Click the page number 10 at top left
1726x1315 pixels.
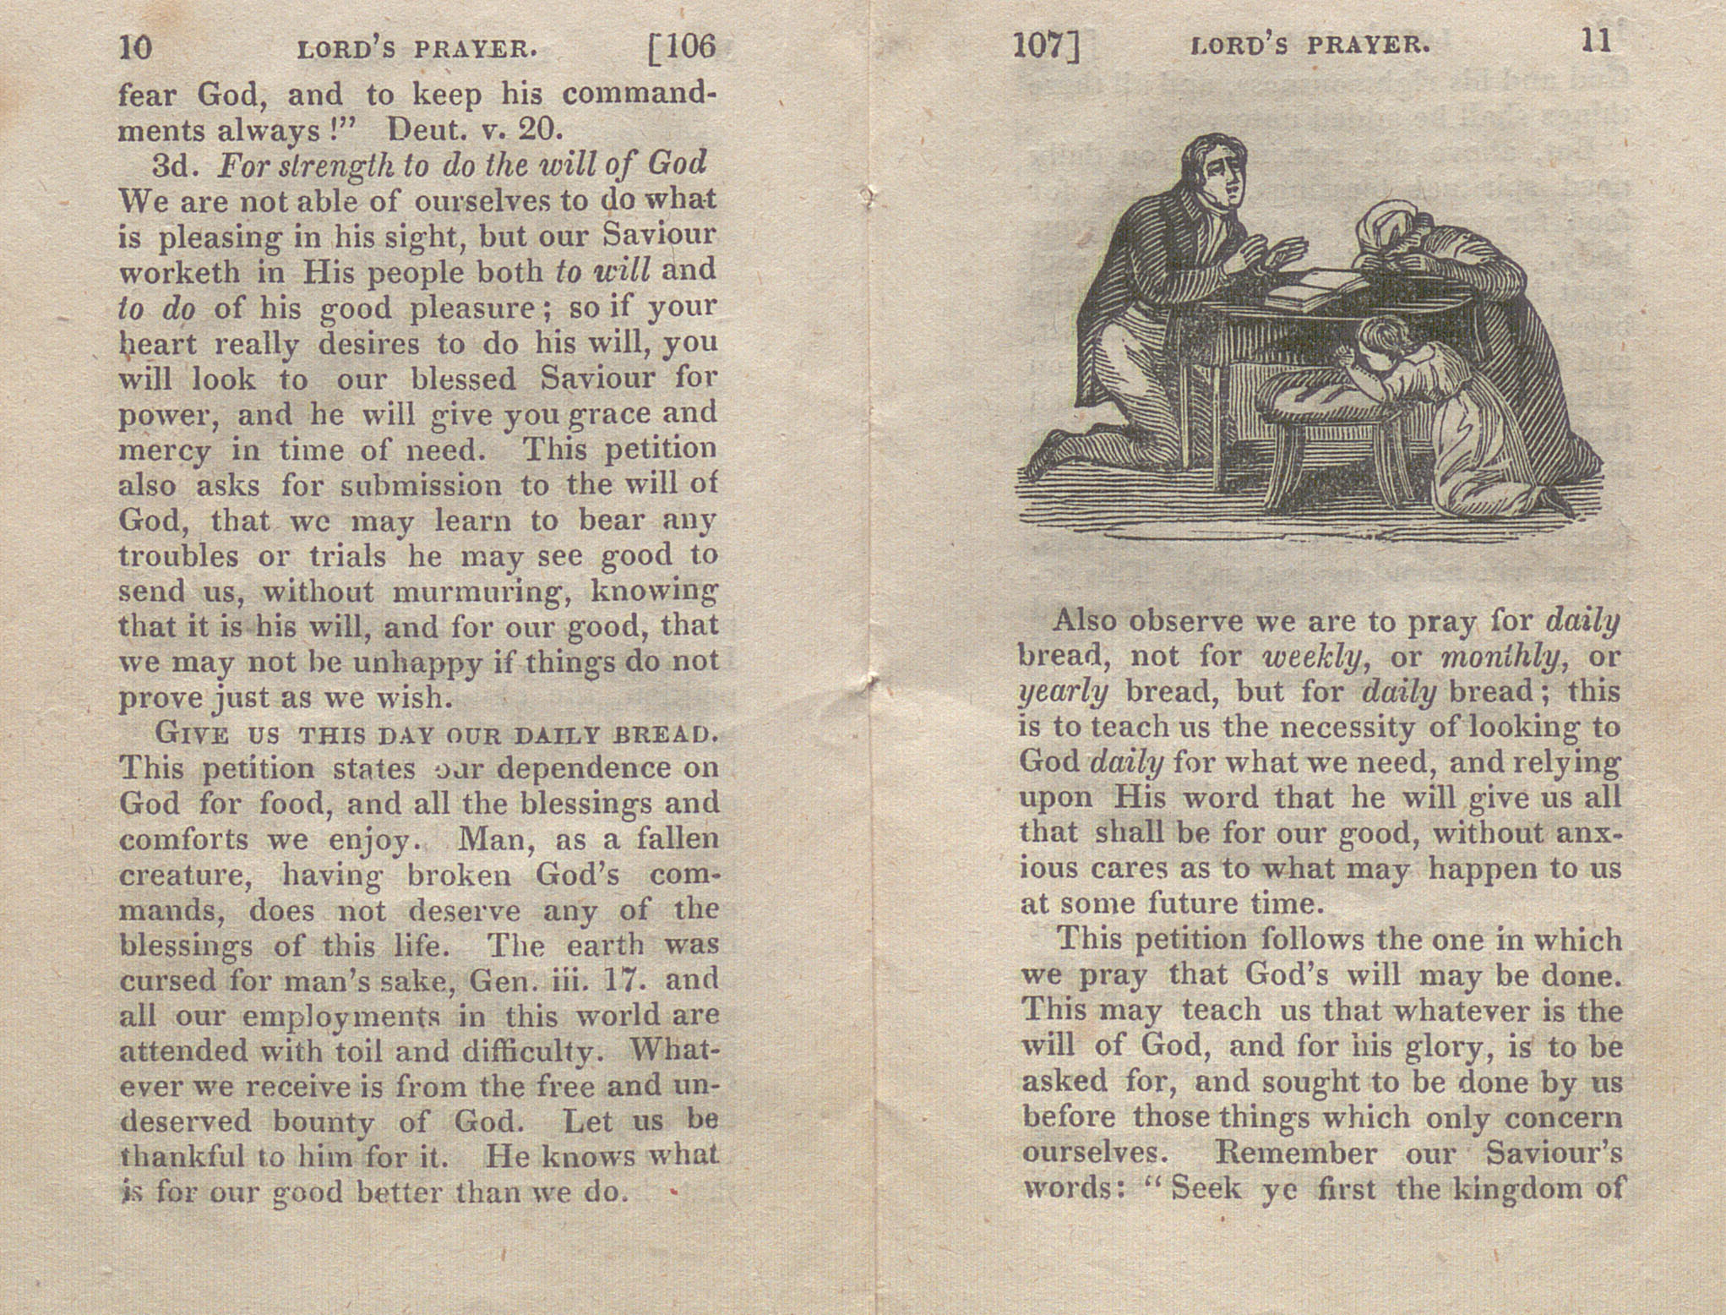point(135,47)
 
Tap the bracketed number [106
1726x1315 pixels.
point(681,47)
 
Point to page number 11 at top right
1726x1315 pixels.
point(1595,42)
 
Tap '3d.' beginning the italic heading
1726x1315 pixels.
point(175,165)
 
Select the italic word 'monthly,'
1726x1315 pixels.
point(1488,657)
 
